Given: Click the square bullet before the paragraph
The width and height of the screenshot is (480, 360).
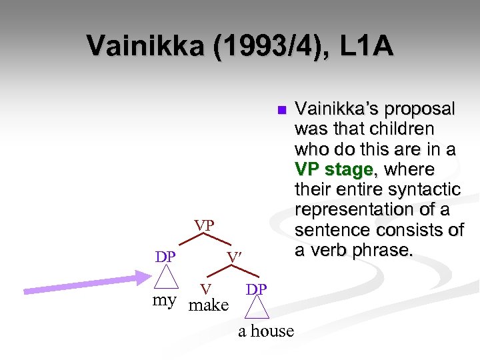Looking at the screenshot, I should pyautogui.click(x=281, y=109).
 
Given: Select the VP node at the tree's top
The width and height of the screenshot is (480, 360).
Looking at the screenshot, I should pyautogui.click(x=204, y=225).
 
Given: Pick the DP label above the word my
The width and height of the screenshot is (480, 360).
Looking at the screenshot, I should pyautogui.click(x=165, y=257).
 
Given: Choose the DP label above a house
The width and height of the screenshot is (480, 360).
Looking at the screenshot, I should pyautogui.click(x=256, y=289).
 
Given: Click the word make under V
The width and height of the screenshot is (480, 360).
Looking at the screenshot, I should pyautogui.click(x=209, y=305).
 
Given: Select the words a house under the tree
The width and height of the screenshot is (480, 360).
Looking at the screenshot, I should pyautogui.click(x=266, y=331).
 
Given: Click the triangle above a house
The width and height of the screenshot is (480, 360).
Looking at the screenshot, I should pyautogui.click(x=257, y=309).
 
